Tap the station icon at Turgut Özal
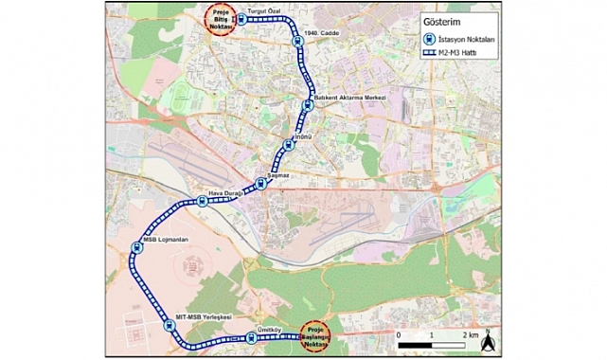click(241, 18)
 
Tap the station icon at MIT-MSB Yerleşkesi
click(170, 326)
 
